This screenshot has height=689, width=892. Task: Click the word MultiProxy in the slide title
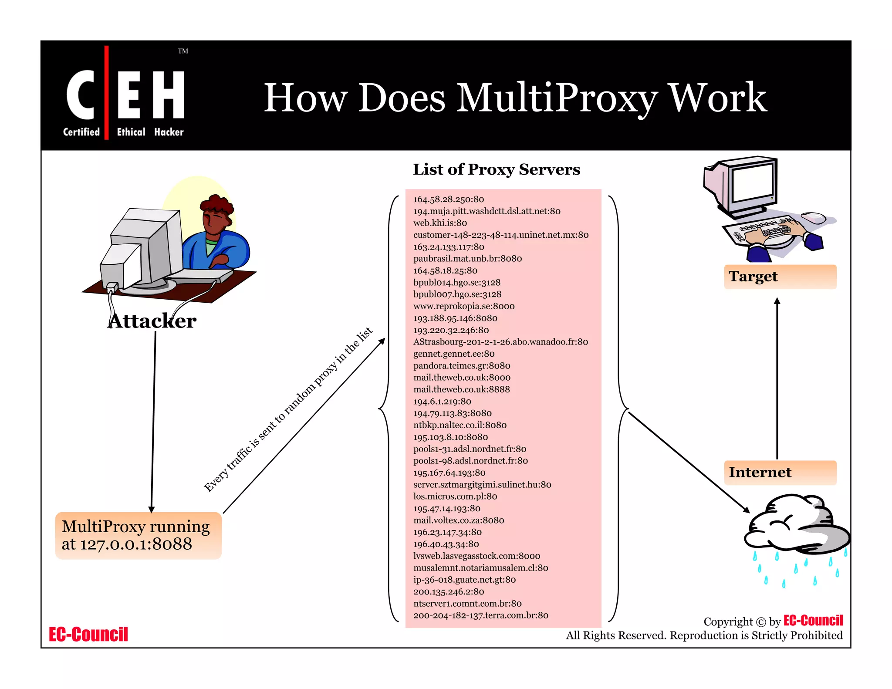(556, 98)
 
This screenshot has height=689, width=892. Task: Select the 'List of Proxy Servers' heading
(496, 169)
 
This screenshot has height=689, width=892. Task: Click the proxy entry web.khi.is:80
(440, 223)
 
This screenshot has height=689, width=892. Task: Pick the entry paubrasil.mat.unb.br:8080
(467, 259)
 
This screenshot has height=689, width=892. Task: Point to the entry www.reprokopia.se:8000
(464, 306)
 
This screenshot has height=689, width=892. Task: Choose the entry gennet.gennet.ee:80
(454, 354)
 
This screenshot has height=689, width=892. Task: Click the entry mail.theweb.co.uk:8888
(461, 389)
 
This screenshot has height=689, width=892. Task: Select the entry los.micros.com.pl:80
(455, 496)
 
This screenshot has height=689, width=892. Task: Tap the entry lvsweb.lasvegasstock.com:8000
(476, 556)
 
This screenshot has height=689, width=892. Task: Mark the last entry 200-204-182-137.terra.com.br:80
(480, 615)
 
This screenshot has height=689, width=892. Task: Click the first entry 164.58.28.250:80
(449, 199)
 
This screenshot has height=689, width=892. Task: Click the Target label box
(780, 277)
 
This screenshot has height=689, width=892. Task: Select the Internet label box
(780, 473)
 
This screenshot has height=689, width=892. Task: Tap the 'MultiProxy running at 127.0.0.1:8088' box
(138, 536)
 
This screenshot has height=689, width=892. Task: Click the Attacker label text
(152, 321)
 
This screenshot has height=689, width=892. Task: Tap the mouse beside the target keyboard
(813, 217)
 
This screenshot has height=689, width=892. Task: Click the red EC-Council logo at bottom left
(88, 635)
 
